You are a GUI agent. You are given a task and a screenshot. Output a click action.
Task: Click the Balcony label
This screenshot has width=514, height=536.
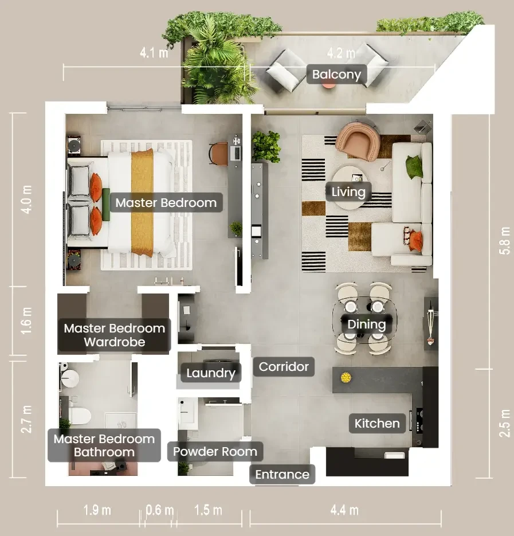336,74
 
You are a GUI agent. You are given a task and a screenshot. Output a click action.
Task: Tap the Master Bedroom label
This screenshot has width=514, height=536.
166,203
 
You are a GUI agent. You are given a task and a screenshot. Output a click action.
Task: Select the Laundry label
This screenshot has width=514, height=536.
210,373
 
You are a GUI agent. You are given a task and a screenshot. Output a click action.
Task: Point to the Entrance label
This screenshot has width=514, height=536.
282,475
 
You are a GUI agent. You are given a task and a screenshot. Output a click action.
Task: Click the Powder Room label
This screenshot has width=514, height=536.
215,451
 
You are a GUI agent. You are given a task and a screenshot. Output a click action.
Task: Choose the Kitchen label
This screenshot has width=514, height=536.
377,423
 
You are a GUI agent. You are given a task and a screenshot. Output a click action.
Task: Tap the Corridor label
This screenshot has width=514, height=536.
284,366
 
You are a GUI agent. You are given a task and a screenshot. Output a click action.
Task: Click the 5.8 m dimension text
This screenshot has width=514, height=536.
504,240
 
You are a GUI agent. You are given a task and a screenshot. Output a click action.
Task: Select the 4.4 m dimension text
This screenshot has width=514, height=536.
344,510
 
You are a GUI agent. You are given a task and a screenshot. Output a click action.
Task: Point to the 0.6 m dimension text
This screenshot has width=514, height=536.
160,510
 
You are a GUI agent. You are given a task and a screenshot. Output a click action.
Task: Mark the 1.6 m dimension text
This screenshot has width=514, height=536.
26,320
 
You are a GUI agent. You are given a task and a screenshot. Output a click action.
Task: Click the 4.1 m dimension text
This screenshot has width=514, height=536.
154,53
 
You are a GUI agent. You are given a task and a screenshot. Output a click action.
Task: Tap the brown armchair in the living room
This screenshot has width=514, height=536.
358,141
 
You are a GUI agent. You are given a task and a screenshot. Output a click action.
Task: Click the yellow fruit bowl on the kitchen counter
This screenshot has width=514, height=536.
346,377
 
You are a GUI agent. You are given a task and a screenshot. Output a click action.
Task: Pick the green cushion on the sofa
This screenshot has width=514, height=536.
414,166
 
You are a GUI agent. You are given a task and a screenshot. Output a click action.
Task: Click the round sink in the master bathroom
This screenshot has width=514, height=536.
70,379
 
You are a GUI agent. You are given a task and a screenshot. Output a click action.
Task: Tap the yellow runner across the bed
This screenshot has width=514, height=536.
142,203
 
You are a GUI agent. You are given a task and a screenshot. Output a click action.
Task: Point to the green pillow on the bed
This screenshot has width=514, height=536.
105,205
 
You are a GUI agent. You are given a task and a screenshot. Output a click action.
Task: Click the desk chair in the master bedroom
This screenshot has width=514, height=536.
219,154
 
